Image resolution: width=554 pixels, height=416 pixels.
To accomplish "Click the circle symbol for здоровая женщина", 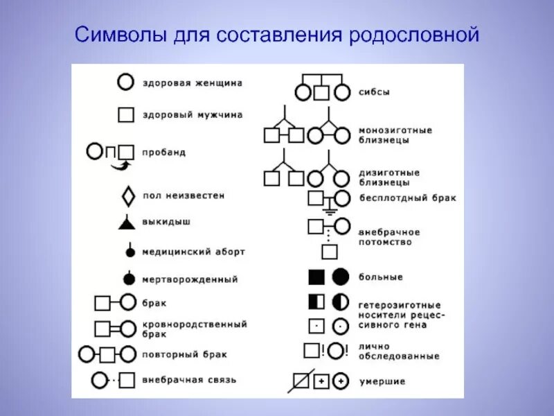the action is (x=125, y=83).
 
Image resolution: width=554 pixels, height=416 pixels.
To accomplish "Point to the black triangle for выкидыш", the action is (x=125, y=223).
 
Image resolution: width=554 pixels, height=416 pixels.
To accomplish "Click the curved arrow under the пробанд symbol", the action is (x=122, y=164).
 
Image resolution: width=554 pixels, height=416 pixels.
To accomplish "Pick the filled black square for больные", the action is (x=316, y=277).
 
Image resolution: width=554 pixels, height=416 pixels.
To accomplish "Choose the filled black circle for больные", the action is (x=340, y=277).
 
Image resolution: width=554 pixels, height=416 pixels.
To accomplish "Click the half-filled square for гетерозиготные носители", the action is (x=316, y=302).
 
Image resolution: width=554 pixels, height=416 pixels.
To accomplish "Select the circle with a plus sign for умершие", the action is (x=340, y=381).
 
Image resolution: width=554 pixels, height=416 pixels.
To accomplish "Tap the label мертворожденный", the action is (x=190, y=279).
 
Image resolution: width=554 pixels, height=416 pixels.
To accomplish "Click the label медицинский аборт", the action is (x=193, y=252).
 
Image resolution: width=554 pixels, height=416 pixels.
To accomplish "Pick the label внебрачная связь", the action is (x=189, y=380).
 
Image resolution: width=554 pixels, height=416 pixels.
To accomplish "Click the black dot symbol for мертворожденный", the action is (x=128, y=279).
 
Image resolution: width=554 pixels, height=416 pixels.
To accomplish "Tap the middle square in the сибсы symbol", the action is (x=321, y=92).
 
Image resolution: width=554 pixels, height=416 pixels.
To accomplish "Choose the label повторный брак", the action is (x=185, y=354).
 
